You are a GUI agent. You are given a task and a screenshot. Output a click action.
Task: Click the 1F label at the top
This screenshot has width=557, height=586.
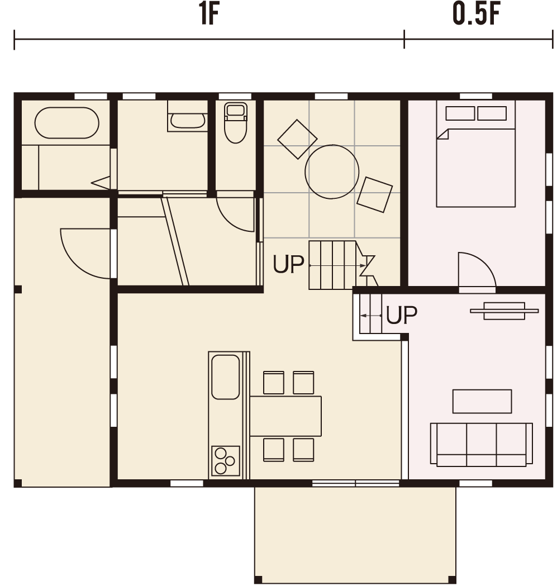point(209,15)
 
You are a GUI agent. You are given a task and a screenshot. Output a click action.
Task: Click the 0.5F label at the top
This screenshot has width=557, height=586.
point(476,15)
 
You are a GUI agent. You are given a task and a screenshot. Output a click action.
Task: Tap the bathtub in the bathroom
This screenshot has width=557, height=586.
point(67,123)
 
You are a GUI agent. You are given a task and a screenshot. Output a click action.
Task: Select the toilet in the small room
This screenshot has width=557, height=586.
point(236,122)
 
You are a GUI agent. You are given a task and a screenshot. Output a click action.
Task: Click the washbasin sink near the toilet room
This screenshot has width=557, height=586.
point(188,121)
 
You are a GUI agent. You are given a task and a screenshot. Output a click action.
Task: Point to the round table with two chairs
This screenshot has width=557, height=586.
point(332,172)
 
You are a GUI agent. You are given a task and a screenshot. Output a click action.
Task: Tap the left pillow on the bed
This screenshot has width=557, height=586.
point(460,113)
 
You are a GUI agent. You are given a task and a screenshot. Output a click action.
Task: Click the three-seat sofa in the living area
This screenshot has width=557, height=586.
point(482,444)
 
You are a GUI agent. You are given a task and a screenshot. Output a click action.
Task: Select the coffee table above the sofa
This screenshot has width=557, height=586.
point(482,401)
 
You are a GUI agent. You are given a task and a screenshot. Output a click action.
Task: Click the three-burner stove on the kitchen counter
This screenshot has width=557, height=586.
point(225,460)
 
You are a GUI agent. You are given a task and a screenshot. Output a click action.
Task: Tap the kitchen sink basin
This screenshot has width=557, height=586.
point(225,377)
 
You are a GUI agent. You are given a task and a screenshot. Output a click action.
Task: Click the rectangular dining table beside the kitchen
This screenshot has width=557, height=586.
point(285,416)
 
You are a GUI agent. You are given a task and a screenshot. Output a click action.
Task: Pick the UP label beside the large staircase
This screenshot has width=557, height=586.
point(288,264)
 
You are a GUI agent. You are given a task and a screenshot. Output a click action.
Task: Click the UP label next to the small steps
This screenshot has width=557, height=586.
point(402,315)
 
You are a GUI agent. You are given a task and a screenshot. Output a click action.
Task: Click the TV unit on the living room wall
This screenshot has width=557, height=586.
point(504,311)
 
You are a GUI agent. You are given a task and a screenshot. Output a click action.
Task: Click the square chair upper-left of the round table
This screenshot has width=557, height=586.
point(297,140)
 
